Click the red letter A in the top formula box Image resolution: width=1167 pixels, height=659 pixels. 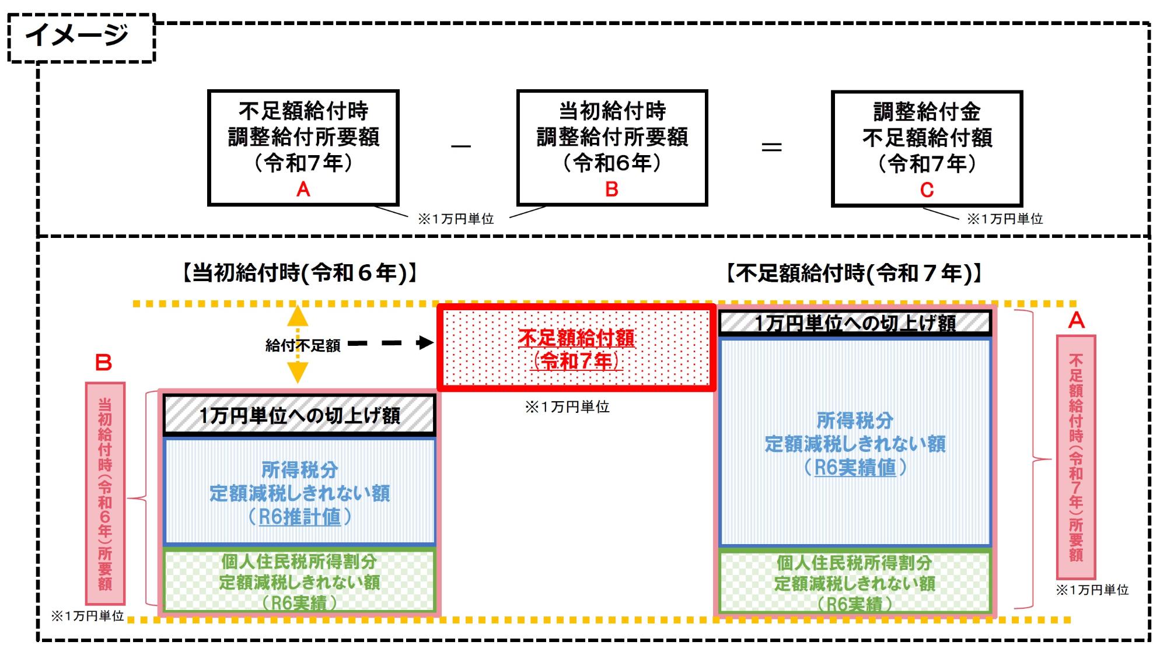[303, 189]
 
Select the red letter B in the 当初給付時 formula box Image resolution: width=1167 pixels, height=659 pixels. [612, 189]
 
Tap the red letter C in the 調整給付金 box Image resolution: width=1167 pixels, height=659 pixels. [927, 190]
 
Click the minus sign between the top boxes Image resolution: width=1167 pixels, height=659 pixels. [461, 146]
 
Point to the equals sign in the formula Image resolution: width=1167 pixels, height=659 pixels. [771, 147]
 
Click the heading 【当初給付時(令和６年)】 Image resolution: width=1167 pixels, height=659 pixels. [299, 272]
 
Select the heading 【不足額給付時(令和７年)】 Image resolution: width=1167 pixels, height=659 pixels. [853, 272]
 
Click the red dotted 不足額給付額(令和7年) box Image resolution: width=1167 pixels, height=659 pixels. [576, 348]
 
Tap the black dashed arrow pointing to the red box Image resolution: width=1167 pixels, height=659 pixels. [391, 343]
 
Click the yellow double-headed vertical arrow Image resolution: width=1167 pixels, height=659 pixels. [298, 344]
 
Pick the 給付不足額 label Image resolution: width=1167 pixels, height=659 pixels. [302, 345]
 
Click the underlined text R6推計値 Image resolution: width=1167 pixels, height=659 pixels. [299, 517]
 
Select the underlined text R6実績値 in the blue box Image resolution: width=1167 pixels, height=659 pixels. [855, 467]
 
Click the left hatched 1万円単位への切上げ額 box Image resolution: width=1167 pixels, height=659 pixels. [299, 415]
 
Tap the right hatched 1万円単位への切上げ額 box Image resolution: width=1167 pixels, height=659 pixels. [855, 323]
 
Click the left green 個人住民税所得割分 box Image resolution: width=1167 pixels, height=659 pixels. [299, 581]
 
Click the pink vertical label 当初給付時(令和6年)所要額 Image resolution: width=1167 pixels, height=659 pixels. [105, 493]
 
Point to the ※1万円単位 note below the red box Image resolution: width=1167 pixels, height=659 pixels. [567, 406]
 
